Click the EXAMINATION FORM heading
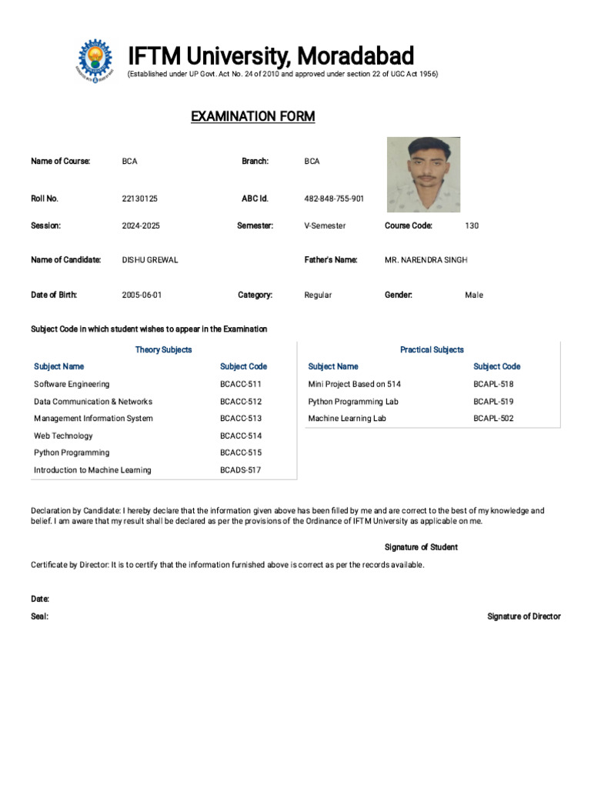pyautogui.click(x=252, y=116)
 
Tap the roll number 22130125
pyautogui.click(x=139, y=199)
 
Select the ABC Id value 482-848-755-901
pyautogui.click(x=334, y=199)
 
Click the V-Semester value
pyautogui.click(x=325, y=226)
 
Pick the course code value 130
pyautogui.click(x=472, y=226)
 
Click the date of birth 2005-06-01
pyautogui.click(x=142, y=295)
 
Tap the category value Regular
pyautogui.click(x=318, y=295)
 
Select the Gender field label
pyautogui.click(x=399, y=295)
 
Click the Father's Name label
pyautogui.click(x=331, y=260)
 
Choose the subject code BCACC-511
pyautogui.click(x=241, y=384)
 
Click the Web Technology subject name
pyautogui.click(x=63, y=436)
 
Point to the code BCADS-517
pyautogui.click(x=240, y=470)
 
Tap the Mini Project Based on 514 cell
pyautogui.click(x=354, y=384)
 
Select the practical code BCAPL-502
pyautogui.click(x=493, y=419)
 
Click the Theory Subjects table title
pyautogui.click(x=163, y=350)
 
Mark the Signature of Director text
pyautogui.click(x=524, y=616)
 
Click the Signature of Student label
pyautogui.click(x=421, y=547)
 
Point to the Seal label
pyautogui.click(x=39, y=616)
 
